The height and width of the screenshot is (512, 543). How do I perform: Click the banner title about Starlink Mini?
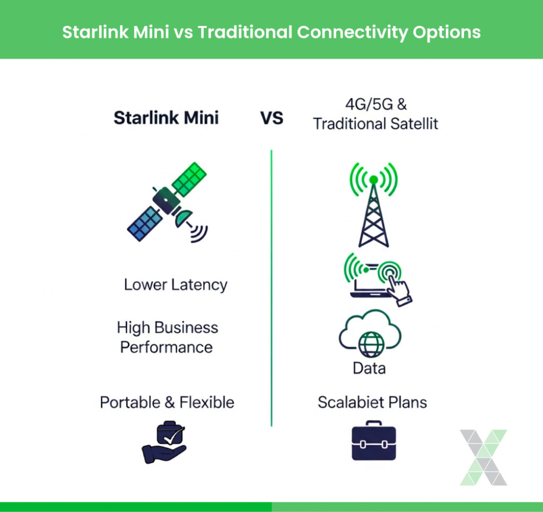271,32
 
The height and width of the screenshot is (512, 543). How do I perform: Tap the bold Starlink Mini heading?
166,117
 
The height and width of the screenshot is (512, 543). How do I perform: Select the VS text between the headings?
271,118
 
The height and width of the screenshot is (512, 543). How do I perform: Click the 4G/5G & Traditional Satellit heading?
375,114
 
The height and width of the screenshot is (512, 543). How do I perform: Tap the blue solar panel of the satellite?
144,223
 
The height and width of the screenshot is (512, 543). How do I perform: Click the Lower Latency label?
176,285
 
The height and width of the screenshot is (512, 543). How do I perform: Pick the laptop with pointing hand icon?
378,278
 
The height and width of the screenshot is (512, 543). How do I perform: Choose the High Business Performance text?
167,337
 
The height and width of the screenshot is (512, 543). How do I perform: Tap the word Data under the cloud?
369,368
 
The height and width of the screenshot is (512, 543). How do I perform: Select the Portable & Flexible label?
167,402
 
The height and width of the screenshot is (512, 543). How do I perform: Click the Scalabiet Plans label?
372,402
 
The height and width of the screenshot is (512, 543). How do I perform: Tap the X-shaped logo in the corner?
483,457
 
